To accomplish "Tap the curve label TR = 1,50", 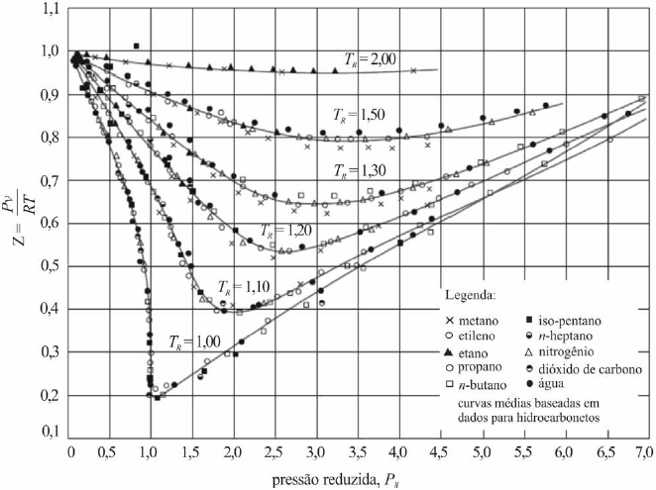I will click(x=358, y=111).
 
